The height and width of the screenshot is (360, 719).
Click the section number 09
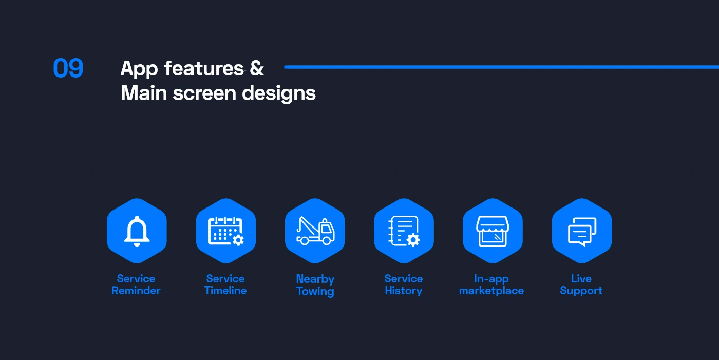pos(68,68)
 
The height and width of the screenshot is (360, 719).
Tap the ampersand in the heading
pos(256,68)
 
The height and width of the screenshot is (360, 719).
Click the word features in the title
pos(204,68)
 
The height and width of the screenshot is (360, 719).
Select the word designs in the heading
pos(278,93)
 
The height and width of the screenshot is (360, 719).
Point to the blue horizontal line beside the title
pos(501,67)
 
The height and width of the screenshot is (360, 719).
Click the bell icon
pos(137,231)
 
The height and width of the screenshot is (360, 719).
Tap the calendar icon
pos(225,231)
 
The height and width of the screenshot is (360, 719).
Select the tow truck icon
pos(315,231)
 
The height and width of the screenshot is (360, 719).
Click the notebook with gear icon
pos(404,231)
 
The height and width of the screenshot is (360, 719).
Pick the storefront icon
pos(493,231)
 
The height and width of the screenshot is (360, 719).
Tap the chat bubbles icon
pos(582,232)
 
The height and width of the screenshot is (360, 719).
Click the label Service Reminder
pos(136,285)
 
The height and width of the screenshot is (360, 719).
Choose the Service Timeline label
pos(225,285)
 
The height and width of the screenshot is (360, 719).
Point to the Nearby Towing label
pos(315,285)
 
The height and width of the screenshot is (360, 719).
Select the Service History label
pos(404,285)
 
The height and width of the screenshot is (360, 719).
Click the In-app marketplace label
pos(491,285)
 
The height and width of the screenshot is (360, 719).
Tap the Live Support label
pos(581,285)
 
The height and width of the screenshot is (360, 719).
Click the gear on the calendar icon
pos(238,240)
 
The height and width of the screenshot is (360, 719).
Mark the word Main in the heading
pos(144,93)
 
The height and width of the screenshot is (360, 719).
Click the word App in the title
pos(139,69)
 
